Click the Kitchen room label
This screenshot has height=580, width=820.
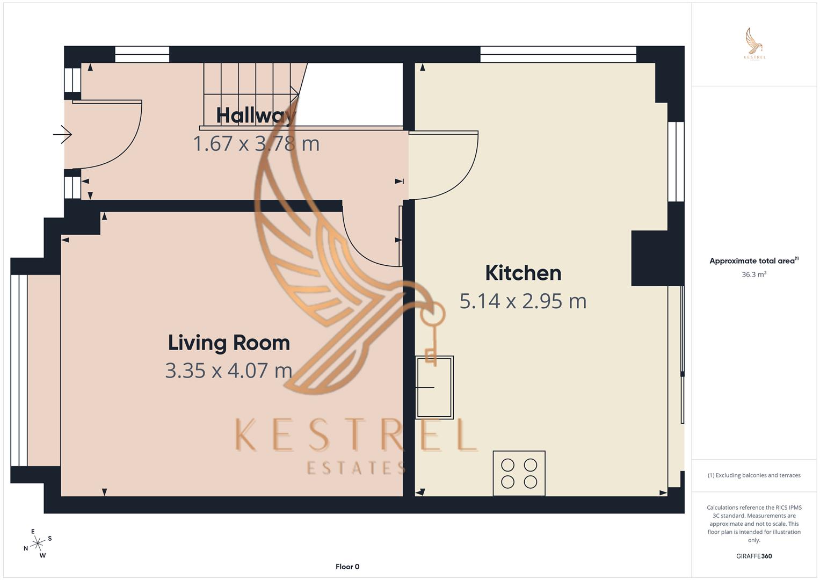tap(523, 273)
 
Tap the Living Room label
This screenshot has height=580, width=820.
tap(229, 343)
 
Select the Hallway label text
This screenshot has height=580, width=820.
tap(256, 115)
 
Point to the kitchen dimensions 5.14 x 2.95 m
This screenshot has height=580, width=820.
tap(523, 301)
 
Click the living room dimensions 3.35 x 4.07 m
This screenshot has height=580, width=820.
tap(229, 371)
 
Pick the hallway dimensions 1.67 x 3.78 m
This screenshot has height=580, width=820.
tap(256, 143)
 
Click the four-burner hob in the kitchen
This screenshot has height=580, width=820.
tap(519, 473)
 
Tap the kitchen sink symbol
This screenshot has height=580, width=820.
tap(434, 387)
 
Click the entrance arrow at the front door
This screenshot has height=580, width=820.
tap(63, 134)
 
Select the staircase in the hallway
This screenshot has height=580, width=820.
tap(250, 95)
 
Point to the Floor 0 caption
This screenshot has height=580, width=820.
tap(347, 567)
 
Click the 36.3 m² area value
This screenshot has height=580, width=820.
tap(754, 274)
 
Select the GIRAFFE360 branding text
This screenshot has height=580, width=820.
tap(754, 556)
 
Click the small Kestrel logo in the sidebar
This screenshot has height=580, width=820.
tap(754, 44)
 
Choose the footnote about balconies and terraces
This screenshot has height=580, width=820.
tap(754, 475)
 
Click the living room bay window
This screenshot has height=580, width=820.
tap(19, 370)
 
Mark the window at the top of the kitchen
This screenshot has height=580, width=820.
tap(558, 54)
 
